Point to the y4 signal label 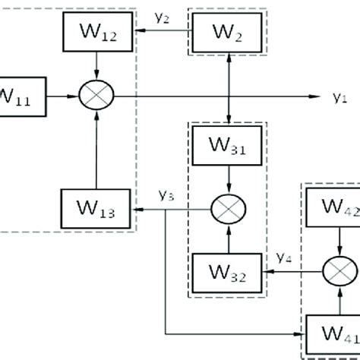[x=286, y=257]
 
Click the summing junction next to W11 [x=96, y=96]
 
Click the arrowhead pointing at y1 [x=313, y=96]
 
